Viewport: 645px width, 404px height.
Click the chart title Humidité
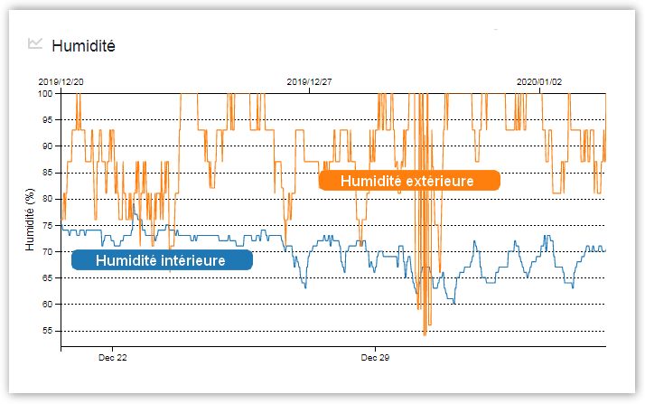pos(83,45)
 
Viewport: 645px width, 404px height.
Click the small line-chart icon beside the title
pos(36,43)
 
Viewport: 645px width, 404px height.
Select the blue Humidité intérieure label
pos(161,260)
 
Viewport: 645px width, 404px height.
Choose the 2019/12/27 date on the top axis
pos(309,81)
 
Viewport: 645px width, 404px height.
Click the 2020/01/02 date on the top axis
pos(539,81)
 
